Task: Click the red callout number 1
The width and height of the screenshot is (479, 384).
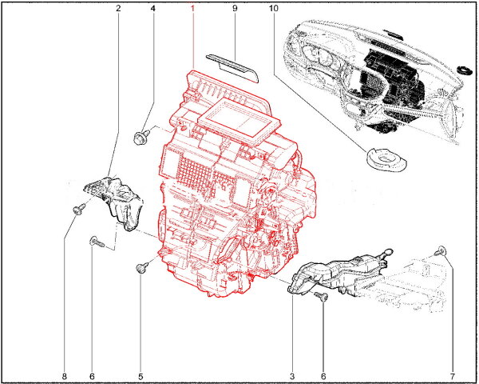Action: click(192, 8)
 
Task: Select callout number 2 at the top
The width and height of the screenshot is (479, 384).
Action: click(118, 8)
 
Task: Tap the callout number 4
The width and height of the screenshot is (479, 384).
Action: click(153, 8)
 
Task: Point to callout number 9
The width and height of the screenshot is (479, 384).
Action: click(235, 8)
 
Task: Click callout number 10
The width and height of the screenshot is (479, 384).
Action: click(274, 8)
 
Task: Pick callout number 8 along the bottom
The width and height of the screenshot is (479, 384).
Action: click(64, 376)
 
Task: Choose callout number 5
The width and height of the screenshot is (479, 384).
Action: click(141, 376)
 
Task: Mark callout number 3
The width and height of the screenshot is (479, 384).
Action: click(292, 376)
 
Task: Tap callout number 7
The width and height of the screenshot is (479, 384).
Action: click(453, 376)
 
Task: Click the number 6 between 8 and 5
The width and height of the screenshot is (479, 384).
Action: click(92, 376)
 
